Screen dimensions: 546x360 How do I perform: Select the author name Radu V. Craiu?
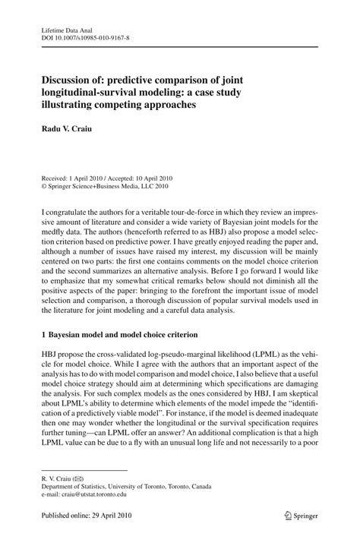pyautogui.click(x=68, y=127)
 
